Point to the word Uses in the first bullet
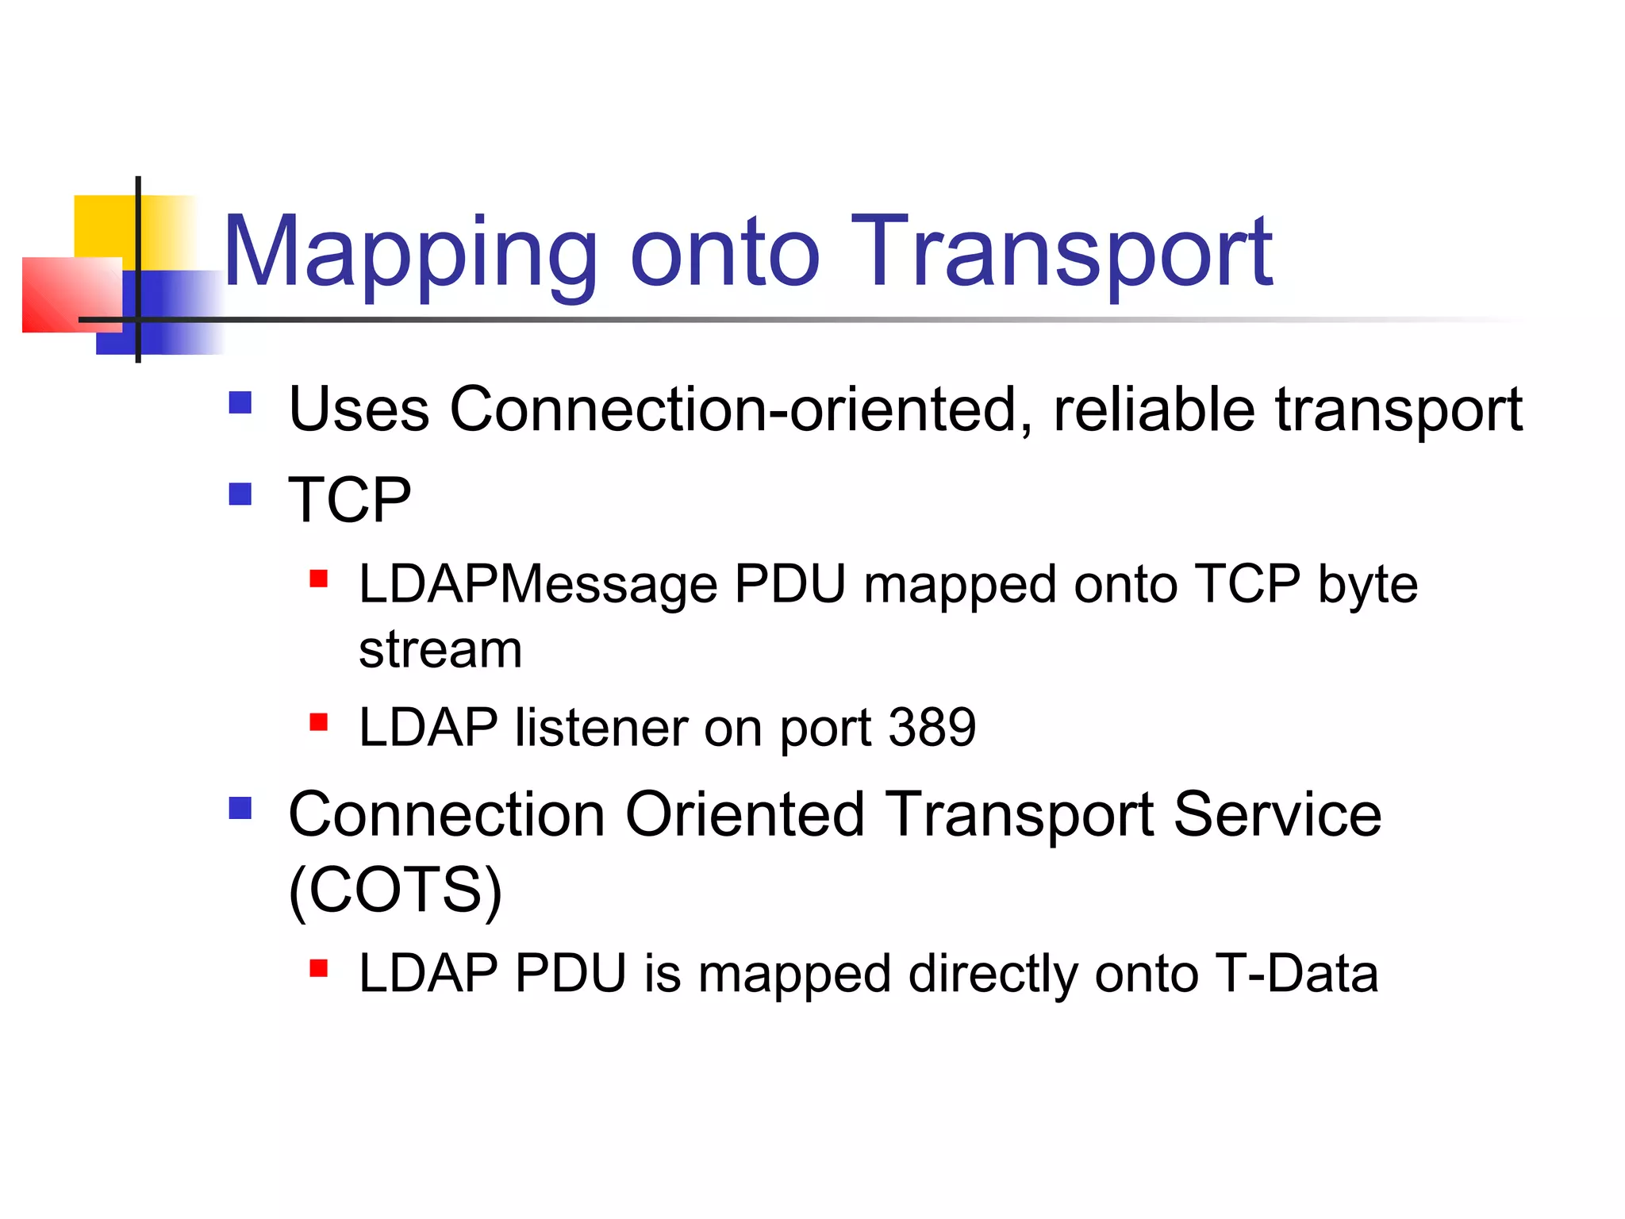359,410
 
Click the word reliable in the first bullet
1154,410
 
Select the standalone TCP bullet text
350,500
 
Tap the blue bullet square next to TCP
240,494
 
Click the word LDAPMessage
537,585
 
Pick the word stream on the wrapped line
440,650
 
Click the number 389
932,727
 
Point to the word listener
601,727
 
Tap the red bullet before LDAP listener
318,722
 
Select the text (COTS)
395,890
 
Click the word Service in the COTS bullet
1277,815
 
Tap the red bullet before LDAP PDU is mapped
318,968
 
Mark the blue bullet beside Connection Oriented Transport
240,809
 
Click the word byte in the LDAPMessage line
1367,585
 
